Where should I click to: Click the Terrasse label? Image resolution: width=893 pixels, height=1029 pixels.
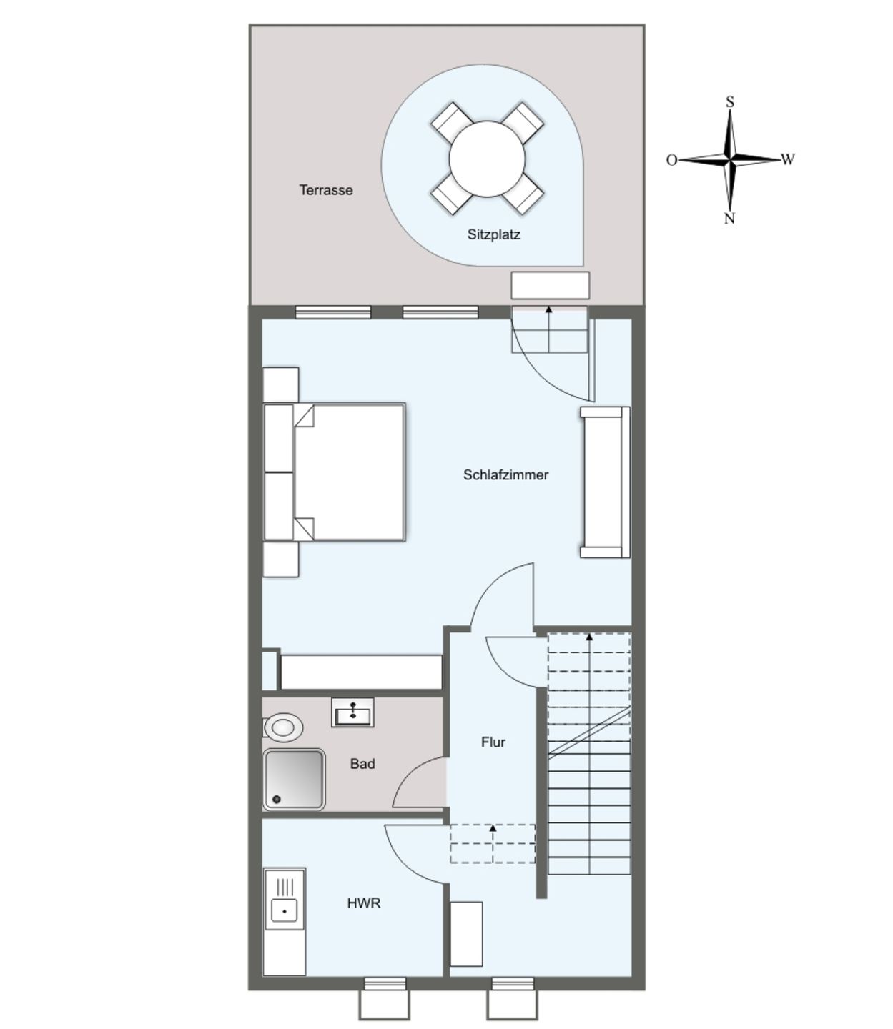[326, 190]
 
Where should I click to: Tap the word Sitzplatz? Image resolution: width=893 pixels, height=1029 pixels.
[493, 234]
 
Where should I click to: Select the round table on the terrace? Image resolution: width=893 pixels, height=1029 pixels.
[487, 159]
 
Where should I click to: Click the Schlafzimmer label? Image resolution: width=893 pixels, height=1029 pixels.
[505, 475]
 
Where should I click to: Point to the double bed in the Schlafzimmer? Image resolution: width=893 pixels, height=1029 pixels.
[348, 472]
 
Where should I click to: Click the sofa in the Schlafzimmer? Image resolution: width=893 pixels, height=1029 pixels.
[604, 482]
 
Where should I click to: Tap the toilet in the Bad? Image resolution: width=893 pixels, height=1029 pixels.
[283, 727]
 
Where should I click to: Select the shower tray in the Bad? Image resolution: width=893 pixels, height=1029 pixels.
[294, 780]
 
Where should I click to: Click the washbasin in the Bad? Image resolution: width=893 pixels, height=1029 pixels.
[352, 713]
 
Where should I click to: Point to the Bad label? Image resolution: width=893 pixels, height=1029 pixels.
[362, 764]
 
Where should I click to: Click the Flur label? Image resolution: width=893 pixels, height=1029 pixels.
[493, 742]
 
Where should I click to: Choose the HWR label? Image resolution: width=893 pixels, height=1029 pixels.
[364, 903]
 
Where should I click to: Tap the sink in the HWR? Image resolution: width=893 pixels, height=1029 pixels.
[285, 911]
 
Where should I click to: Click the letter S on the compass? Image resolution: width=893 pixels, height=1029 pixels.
[730, 102]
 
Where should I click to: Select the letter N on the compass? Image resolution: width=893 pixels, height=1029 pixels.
[729, 219]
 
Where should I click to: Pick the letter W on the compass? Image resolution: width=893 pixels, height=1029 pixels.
[788, 159]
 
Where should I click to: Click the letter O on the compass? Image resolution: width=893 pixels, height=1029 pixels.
[671, 160]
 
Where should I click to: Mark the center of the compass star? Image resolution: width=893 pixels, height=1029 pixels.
[730, 159]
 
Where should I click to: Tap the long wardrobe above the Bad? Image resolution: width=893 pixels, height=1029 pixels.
[361, 672]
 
